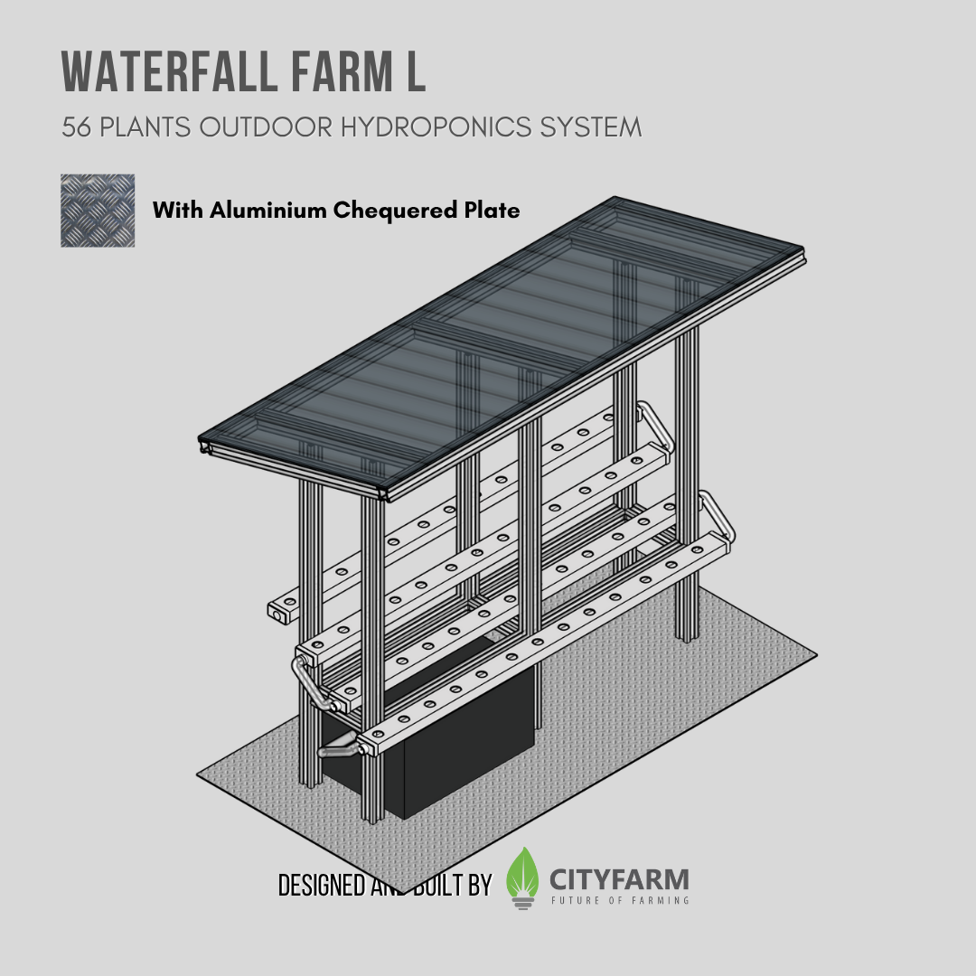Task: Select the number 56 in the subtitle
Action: [77, 127]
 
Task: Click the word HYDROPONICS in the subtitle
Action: [429, 127]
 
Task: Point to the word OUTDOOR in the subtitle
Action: [267, 127]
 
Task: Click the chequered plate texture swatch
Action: [98, 211]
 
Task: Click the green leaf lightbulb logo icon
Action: [522, 877]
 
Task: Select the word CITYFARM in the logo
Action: [619, 878]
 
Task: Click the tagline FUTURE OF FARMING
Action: [620, 900]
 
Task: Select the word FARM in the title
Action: [328, 71]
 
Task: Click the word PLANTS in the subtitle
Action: [145, 127]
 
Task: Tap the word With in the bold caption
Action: [178, 211]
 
